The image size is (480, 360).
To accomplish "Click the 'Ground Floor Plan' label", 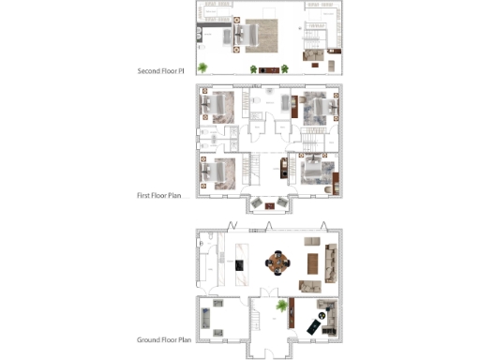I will tap(164, 339).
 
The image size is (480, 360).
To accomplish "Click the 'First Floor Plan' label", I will tap(161, 196).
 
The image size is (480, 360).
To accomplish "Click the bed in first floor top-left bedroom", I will tap(220, 106).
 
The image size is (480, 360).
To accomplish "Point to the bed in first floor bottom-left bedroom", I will tap(220, 172).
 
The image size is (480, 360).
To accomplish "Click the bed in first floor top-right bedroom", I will tap(314, 107).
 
